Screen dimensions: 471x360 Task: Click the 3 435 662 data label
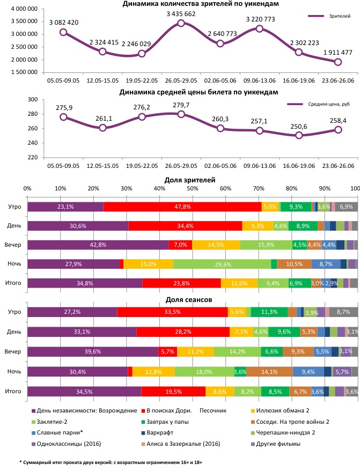point(181,13)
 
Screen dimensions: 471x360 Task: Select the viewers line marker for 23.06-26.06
point(337,62)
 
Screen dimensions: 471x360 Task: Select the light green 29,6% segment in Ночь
point(222,264)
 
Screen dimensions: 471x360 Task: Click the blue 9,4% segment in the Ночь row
point(307,371)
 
